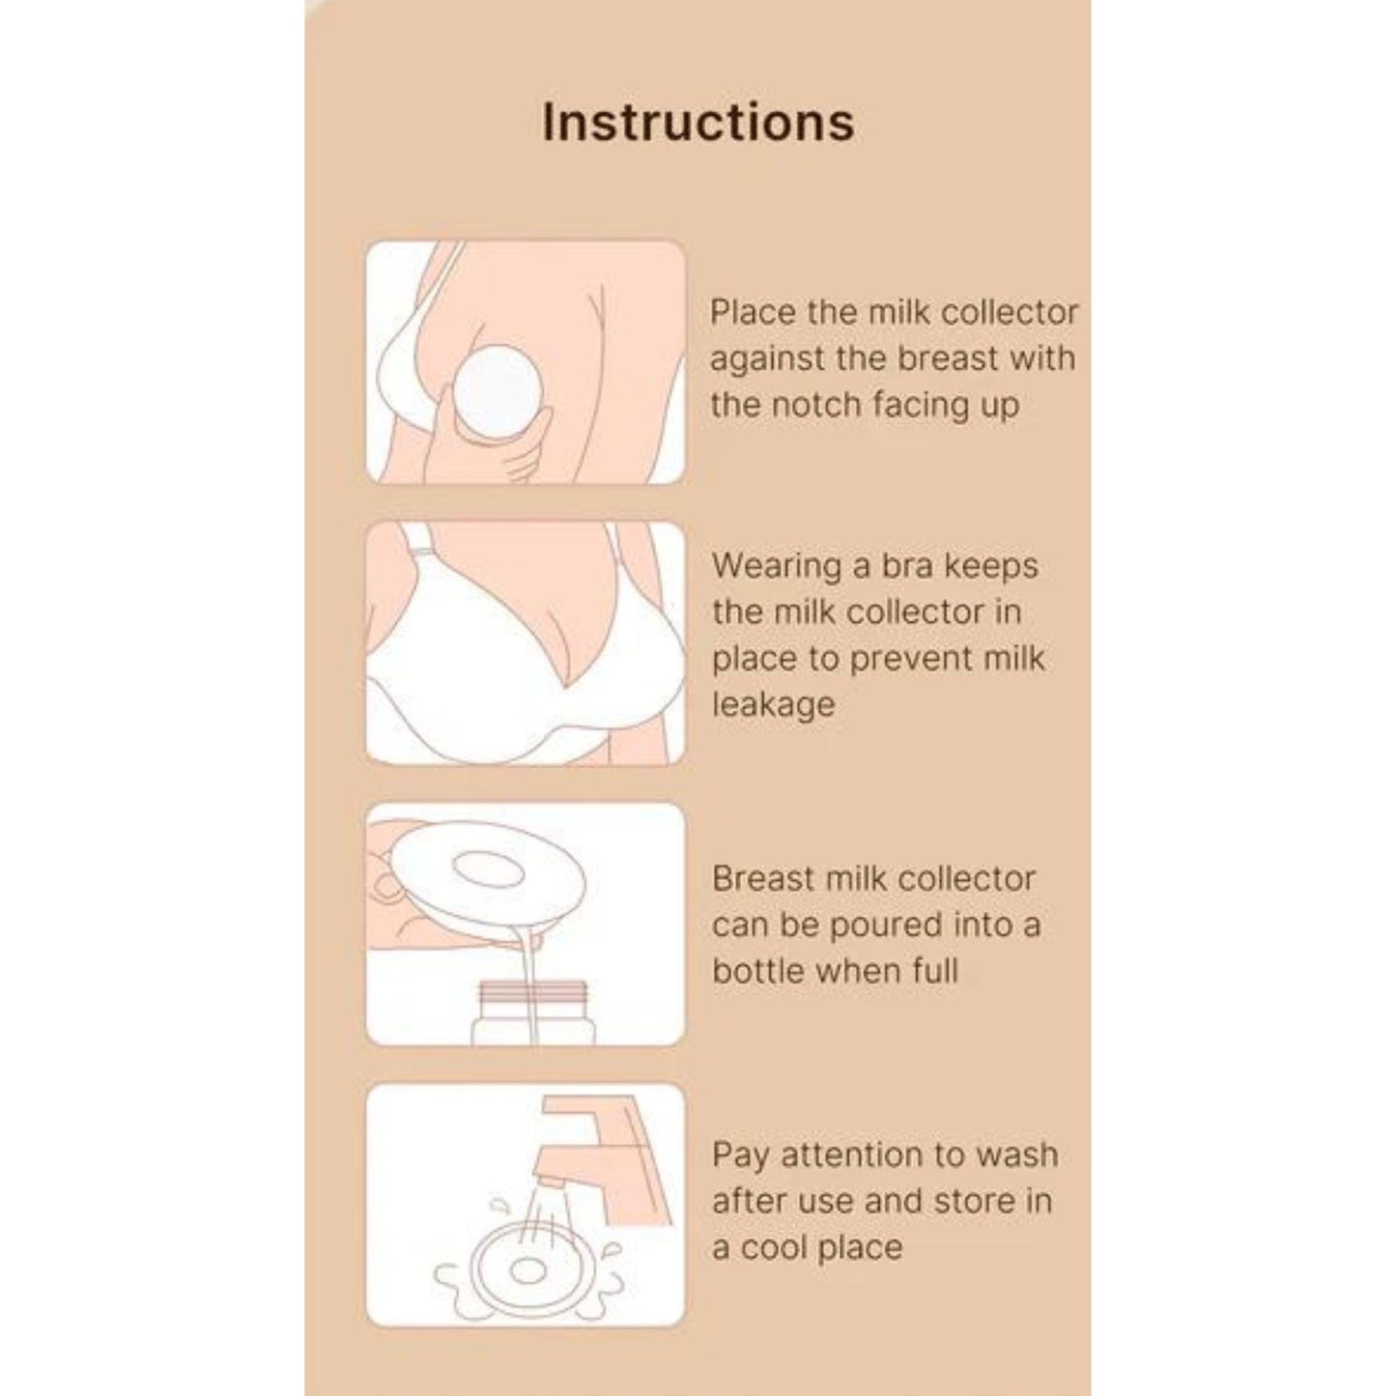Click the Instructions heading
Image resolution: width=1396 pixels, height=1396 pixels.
click(x=698, y=122)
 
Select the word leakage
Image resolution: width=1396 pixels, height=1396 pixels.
click(x=774, y=705)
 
